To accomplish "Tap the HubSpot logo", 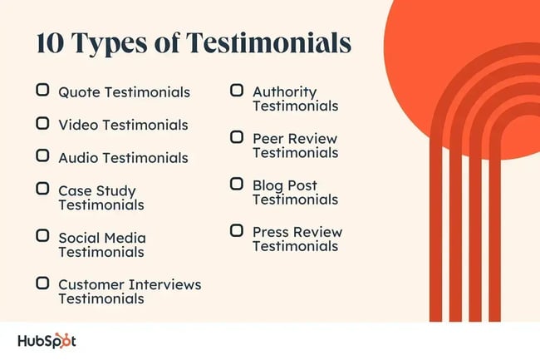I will pos(47,341).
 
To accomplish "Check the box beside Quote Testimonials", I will pos(42,90).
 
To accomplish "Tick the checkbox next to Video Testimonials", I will pos(42,123).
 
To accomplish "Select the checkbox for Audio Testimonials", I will pos(42,155).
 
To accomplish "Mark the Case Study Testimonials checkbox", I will pos(42,189).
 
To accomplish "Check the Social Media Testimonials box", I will pos(42,236).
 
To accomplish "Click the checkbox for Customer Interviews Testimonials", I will pos(42,283).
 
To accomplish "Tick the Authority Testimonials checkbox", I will pos(237,90).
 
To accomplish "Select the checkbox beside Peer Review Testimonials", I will pos(237,137).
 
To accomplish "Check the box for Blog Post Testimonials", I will pos(237,184).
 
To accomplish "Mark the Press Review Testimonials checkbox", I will pos(237,230).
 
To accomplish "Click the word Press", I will pos(270,232).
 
